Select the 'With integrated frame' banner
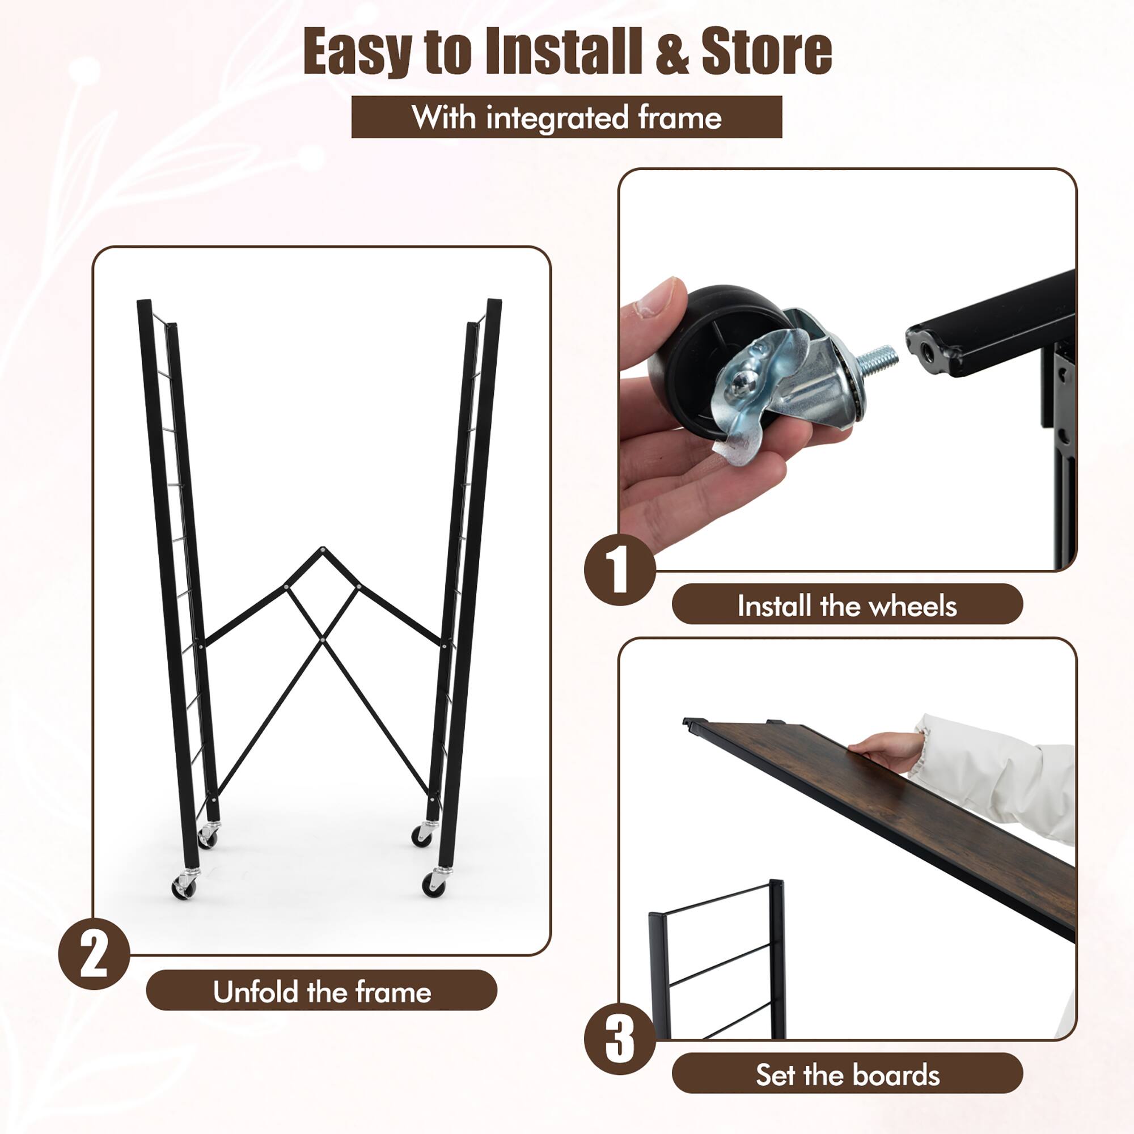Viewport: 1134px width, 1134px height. tap(566, 117)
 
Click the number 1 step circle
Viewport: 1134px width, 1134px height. tap(620, 569)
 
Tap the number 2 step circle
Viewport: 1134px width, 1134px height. tap(94, 954)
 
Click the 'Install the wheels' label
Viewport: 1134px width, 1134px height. tap(847, 605)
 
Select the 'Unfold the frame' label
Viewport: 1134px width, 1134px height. tap(321, 992)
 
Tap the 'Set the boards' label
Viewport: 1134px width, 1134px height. tap(847, 1074)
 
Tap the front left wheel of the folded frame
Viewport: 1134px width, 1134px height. tap(184, 888)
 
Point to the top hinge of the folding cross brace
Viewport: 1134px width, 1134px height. tap(322, 549)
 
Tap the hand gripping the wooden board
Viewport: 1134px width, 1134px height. tap(883, 750)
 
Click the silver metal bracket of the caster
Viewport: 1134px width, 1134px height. tap(775, 382)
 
